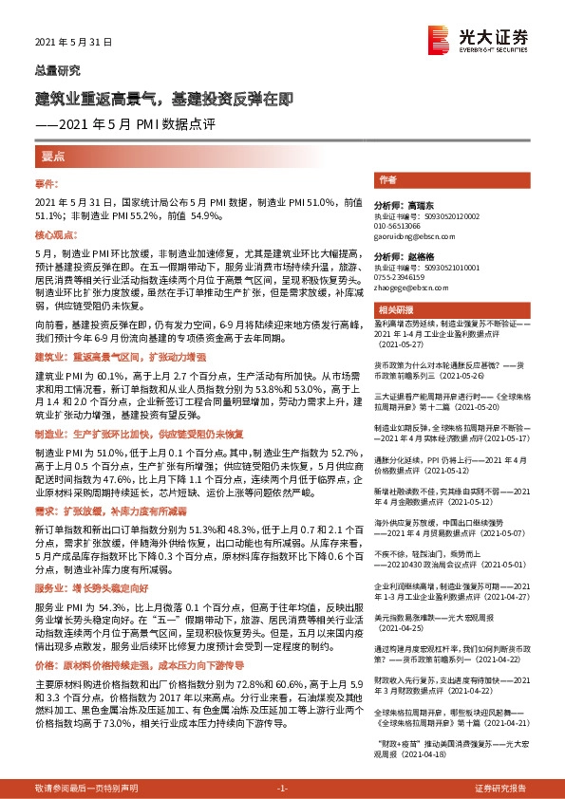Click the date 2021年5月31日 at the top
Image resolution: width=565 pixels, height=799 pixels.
73,43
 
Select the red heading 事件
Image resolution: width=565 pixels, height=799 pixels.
47,183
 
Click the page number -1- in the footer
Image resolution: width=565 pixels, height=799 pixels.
282,789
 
